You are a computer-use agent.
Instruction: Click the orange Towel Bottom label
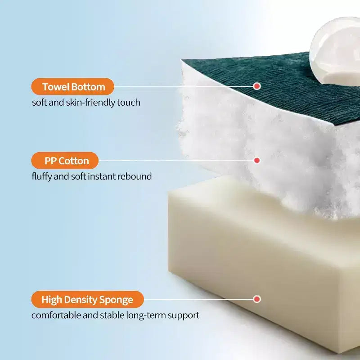(72, 86)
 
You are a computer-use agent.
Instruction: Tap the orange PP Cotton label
(65, 161)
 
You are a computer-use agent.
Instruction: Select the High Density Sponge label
(87, 299)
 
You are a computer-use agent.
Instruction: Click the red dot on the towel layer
(257, 86)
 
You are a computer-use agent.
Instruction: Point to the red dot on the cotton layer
(257, 160)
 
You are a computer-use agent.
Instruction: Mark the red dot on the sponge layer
(257, 299)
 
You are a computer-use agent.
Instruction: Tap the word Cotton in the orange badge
(73, 161)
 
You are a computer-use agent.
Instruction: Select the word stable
(112, 315)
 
